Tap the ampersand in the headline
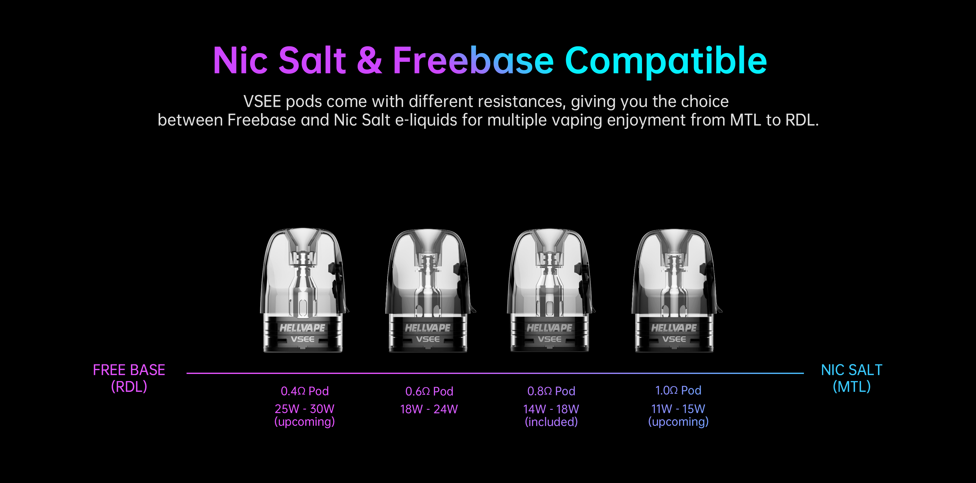pyautogui.click(x=369, y=61)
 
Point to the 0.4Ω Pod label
pyautogui.click(x=305, y=391)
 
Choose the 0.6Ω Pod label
pyautogui.click(x=429, y=391)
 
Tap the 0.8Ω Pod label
pyautogui.click(x=551, y=391)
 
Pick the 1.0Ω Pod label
pyautogui.click(x=678, y=390)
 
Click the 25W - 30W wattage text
pyautogui.click(x=305, y=409)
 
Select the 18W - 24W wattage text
pyautogui.click(x=429, y=409)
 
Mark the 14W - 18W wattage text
pyautogui.click(x=551, y=409)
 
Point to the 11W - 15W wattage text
pyautogui.click(x=678, y=409)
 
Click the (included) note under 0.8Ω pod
pyautogui.click(x=551, y=422)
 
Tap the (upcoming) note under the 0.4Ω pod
pyautogui.click(x=305, y=422)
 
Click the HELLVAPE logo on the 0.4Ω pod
pyautogui.click(x=302, y=328)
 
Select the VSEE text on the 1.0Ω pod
pyautogui.click(x=674, y=339)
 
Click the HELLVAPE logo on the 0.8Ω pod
pyautogui.click(x=549, y=328)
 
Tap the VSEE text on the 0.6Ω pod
pyautogui.click(x=428, y=339)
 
